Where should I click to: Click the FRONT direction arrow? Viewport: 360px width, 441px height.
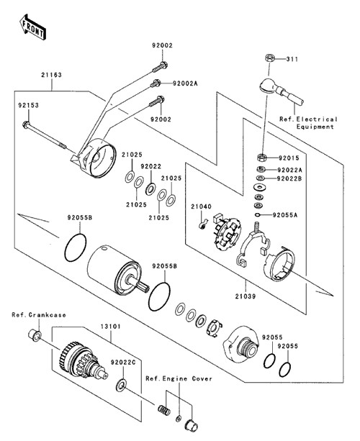(x=32, y=27)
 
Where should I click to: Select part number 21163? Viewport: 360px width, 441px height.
(x=52, y=75)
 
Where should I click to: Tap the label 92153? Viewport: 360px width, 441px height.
(x=28, y=105)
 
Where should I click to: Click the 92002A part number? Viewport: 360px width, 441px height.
(x=185, y=83)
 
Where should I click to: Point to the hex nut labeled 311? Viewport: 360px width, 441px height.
(x=269, y=59)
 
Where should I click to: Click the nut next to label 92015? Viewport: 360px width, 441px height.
(x=261, y=158)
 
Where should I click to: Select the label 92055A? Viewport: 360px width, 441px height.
(x=285, y=215)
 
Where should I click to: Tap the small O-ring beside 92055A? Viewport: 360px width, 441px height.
(x=258, y=215)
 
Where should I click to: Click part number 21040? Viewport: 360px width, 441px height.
(x=202, y=206)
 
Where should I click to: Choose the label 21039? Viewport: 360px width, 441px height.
(x=246, y=296)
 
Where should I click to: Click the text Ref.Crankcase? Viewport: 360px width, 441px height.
(x=39, y=315)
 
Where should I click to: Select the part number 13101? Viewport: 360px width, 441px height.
(x=111, y=327)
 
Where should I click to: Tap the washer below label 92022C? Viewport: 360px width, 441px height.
(x=121, y=386)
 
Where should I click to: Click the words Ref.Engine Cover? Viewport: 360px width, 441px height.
(x=179, y=378)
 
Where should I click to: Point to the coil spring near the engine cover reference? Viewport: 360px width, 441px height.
(x=164, y=410)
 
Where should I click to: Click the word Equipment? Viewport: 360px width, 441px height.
(x=315, y=127)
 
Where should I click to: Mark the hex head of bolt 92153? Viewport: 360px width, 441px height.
(x=26, y=124)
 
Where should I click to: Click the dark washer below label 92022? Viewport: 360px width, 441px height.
(x=150, y=189)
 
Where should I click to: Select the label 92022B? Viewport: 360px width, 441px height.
(x=289, y=178)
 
